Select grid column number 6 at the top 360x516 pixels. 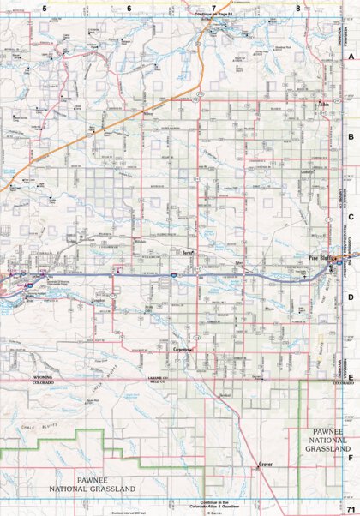[x=129, y=9]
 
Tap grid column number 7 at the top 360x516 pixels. [x=213, y=9]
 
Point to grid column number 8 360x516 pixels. [x=297, y=9]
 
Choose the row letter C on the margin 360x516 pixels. [x=350, y=217]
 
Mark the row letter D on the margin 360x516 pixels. [x=350, y=297]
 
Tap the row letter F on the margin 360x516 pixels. [x=350, y=456]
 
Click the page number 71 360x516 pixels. [x=350, y=510]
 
